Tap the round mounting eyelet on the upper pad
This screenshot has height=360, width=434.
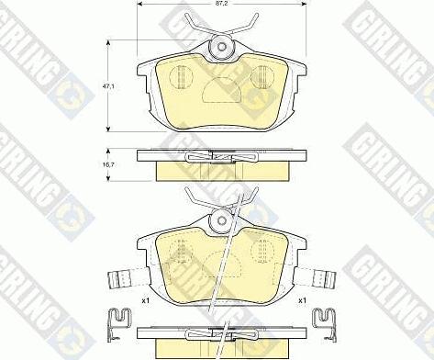point(220,48)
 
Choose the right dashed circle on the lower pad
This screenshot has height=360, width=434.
point(263,249)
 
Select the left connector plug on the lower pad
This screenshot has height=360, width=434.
point(118,277)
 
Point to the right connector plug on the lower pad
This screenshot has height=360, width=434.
point(323,277)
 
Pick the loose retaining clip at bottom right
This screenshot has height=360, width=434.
point(324,321)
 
